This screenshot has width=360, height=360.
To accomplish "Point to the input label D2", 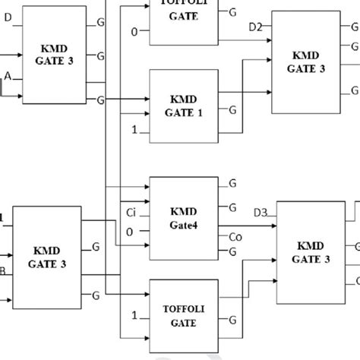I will point(256,28).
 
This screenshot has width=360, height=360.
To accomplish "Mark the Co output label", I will point(235,237).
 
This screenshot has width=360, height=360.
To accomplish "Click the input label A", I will point(8,77).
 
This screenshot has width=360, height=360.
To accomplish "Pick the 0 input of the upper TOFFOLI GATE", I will point(134,31).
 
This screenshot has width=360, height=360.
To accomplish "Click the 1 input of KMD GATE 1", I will point(134,131).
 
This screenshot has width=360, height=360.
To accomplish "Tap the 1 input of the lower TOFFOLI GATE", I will point(134,314).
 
